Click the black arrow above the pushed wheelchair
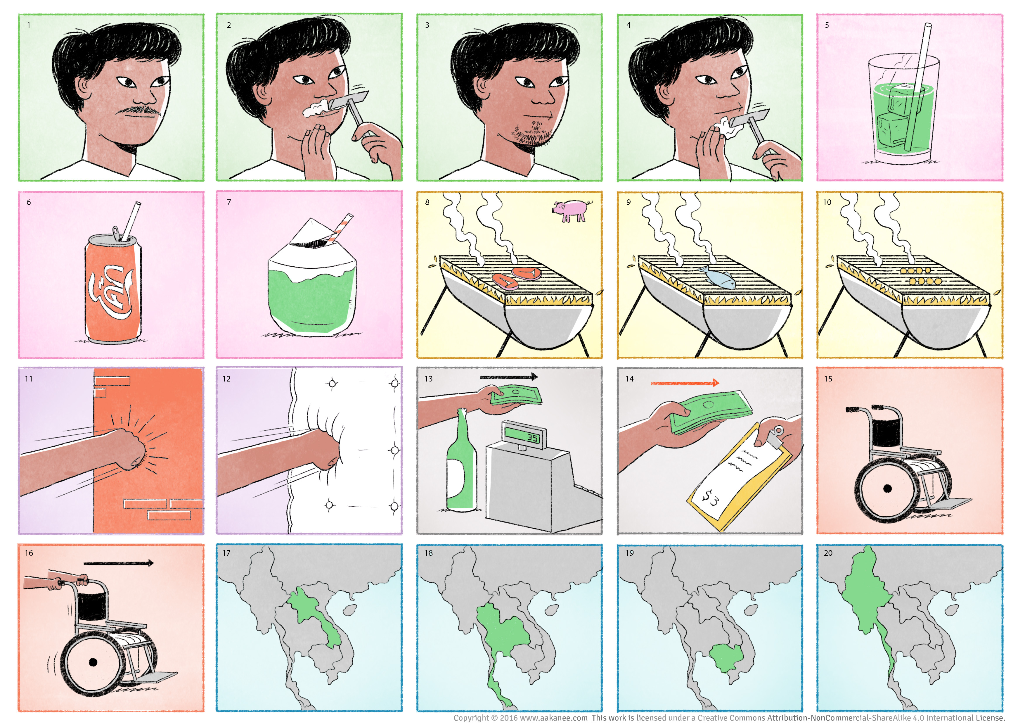click(119, 563)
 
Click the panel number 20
click(828, 553)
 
